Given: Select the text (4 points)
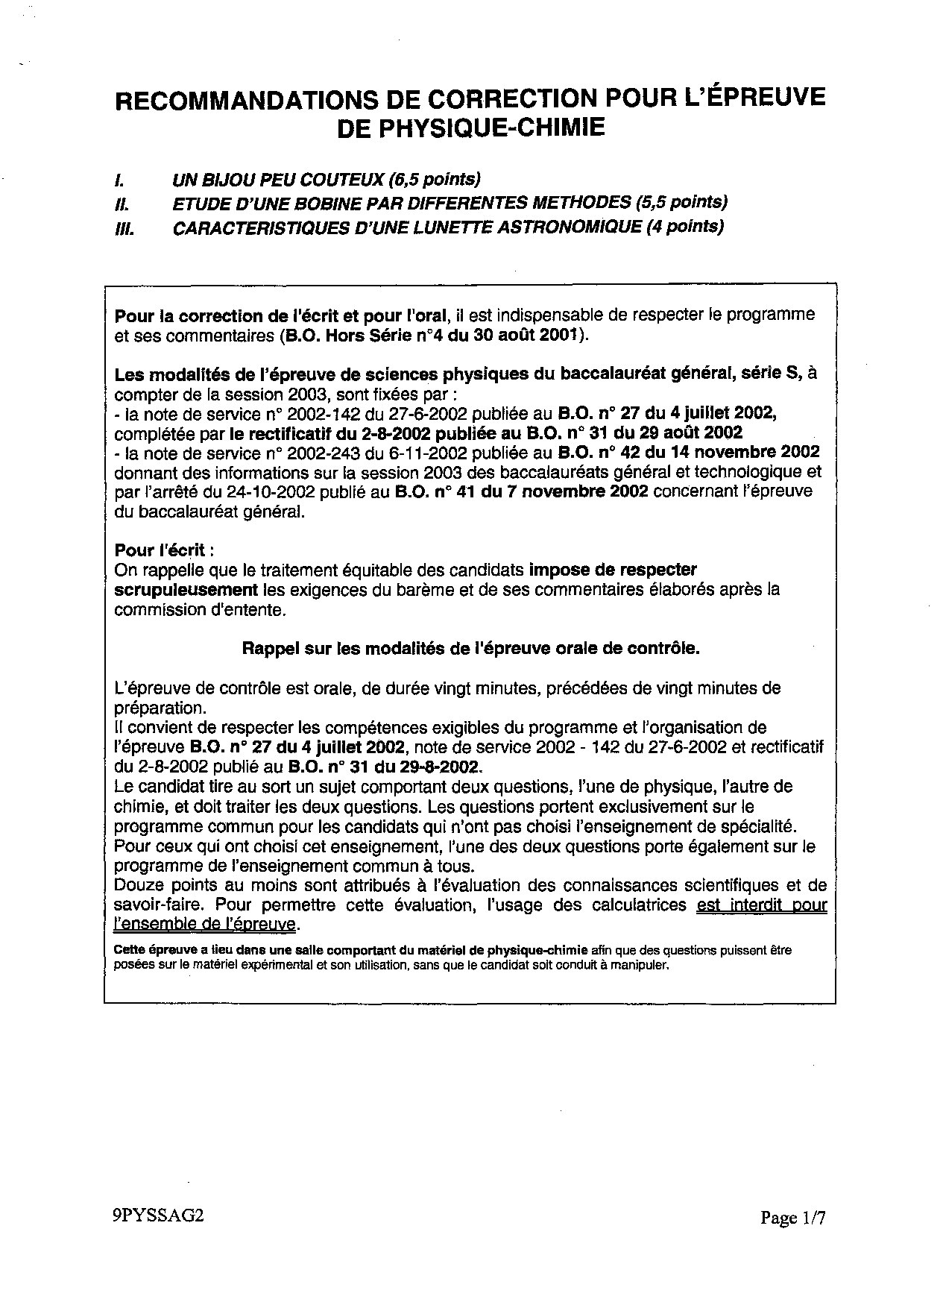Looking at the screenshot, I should click(x=686, y=227).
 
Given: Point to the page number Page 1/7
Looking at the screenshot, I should click(x=793, y=1218).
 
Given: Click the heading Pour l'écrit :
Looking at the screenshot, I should click(x=164, y=550).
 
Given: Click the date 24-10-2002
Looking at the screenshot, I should click(x=276, y=491).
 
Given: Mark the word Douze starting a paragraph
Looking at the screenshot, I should click(x=138, y=886).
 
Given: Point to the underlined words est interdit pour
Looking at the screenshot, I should click(x=761, y=905).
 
